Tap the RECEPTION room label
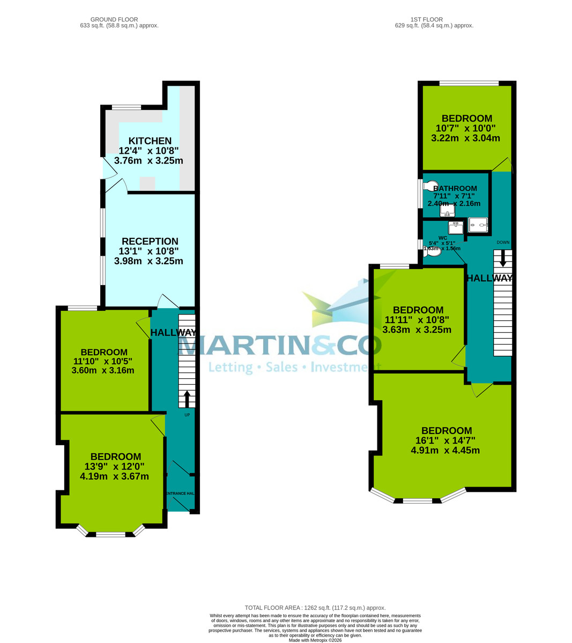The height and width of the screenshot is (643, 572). [x=150, y=241]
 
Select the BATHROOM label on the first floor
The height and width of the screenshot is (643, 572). [x=455, y=189]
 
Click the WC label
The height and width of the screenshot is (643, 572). [x=442, y=238]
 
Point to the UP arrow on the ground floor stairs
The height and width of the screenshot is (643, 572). [x=187, y=399]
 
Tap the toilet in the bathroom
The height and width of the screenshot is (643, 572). [x=430, y=185]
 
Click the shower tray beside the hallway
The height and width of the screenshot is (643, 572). [x=478, y=225]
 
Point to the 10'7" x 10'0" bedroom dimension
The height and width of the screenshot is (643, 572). [x=465, y=129]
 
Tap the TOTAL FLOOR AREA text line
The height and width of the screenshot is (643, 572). [x=315, y=608]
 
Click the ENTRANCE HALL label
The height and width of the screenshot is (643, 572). [x=180, y=493]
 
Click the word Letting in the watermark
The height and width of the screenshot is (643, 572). [x=231, y=368]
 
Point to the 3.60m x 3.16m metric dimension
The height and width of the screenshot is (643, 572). [x=104, y=370]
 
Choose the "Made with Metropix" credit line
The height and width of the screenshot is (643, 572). [x=315, y=640]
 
